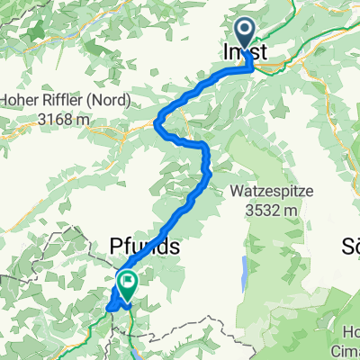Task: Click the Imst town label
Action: (x=244, y=54)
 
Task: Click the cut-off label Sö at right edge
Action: (x=351, y=246)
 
